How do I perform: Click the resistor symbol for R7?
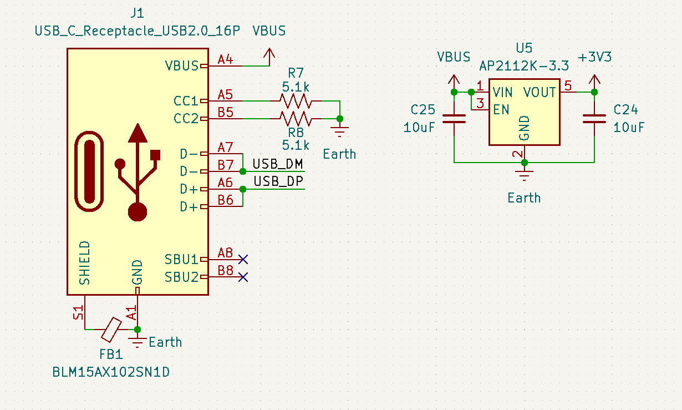(295, 101)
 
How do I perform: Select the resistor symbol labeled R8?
(295, 118)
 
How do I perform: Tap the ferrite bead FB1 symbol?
(111, 329)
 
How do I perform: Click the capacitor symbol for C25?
(454, 118)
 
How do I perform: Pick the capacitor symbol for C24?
(594, 118)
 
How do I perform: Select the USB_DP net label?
(278, 182)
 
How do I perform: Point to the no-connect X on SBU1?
(242, 259)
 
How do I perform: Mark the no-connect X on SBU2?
(242, 277)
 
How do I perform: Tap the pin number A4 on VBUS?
(225, 59)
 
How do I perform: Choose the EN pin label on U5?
(501, 109)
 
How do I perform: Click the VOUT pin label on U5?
(540, 92)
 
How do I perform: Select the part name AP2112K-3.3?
(524, 66)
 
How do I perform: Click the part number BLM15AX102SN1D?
(111, 372)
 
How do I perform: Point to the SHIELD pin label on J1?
(84, 262)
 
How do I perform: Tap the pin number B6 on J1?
(225, 200)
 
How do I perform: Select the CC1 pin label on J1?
(186, 101)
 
